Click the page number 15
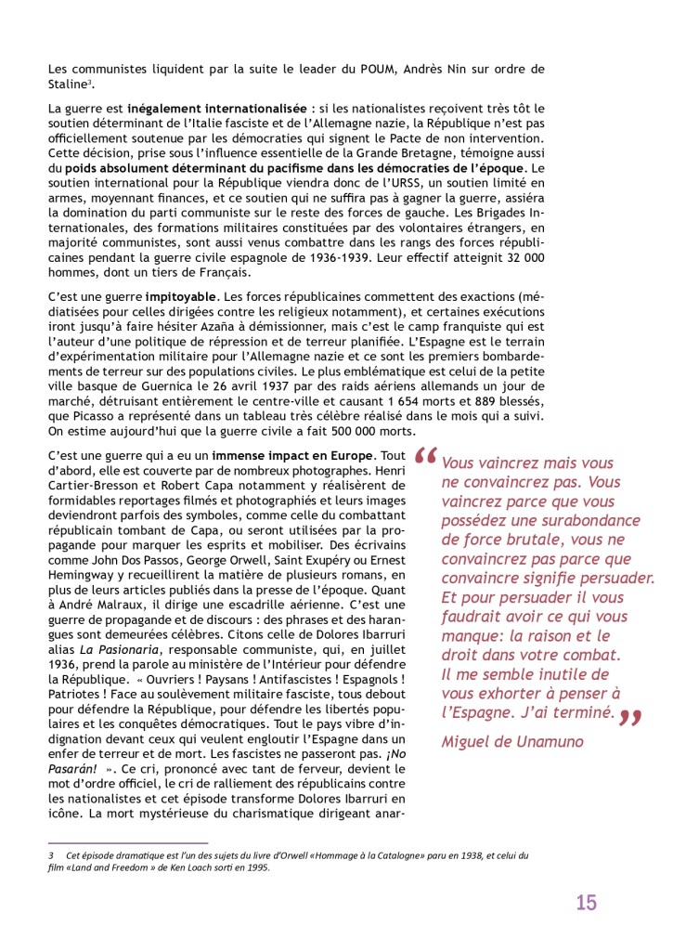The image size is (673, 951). click(586, 902)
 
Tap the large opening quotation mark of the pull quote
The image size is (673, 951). click(425, 459)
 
